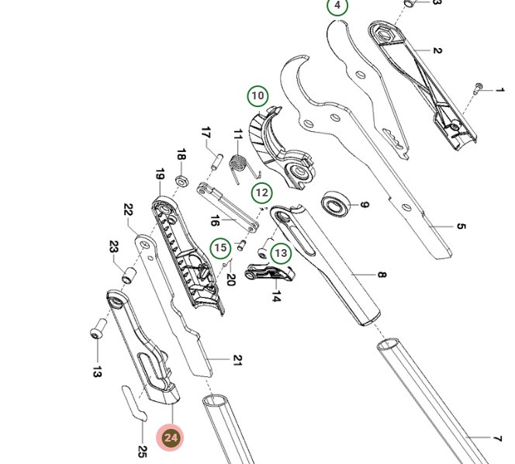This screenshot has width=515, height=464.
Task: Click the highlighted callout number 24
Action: (x=171, y=438)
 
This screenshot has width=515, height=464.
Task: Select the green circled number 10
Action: (x=257, y=96)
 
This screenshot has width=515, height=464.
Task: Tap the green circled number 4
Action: (x=337, y=5)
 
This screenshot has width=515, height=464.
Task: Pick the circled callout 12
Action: (x=262, y=192)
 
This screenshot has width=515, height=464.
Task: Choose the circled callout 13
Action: (x=281, y=253)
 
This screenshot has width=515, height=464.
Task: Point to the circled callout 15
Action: (x=221, y=248)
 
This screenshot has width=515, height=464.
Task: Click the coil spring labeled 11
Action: (x=240, y=165)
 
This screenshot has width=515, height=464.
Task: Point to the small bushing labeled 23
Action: (x=129, y=275)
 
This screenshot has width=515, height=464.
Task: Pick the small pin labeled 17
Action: (x=218, y=165)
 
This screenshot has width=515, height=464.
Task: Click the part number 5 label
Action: (x=461, y=227)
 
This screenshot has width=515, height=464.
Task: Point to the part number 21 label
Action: (x=237, y=360)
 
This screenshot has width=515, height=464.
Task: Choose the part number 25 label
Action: (x=142, y=451)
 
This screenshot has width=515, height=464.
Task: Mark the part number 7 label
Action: (x=497, y=440)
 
